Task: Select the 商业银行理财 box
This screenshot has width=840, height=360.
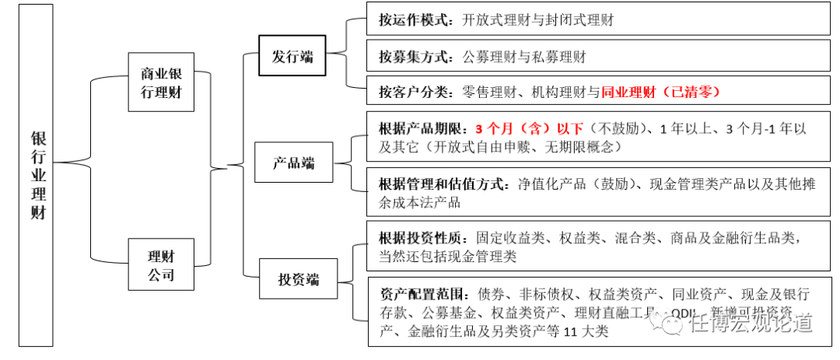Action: pos(161,83)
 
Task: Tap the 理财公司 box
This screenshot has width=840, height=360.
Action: pos(161,265)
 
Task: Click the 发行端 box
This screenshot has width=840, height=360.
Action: pos(292,56)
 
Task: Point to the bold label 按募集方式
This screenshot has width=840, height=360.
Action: pos(413,57)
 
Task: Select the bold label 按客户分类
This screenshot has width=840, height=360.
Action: pos(413,93)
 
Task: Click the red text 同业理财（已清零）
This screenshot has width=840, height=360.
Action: pos(661,93)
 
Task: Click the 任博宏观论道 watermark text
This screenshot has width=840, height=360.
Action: pos(751,321)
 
